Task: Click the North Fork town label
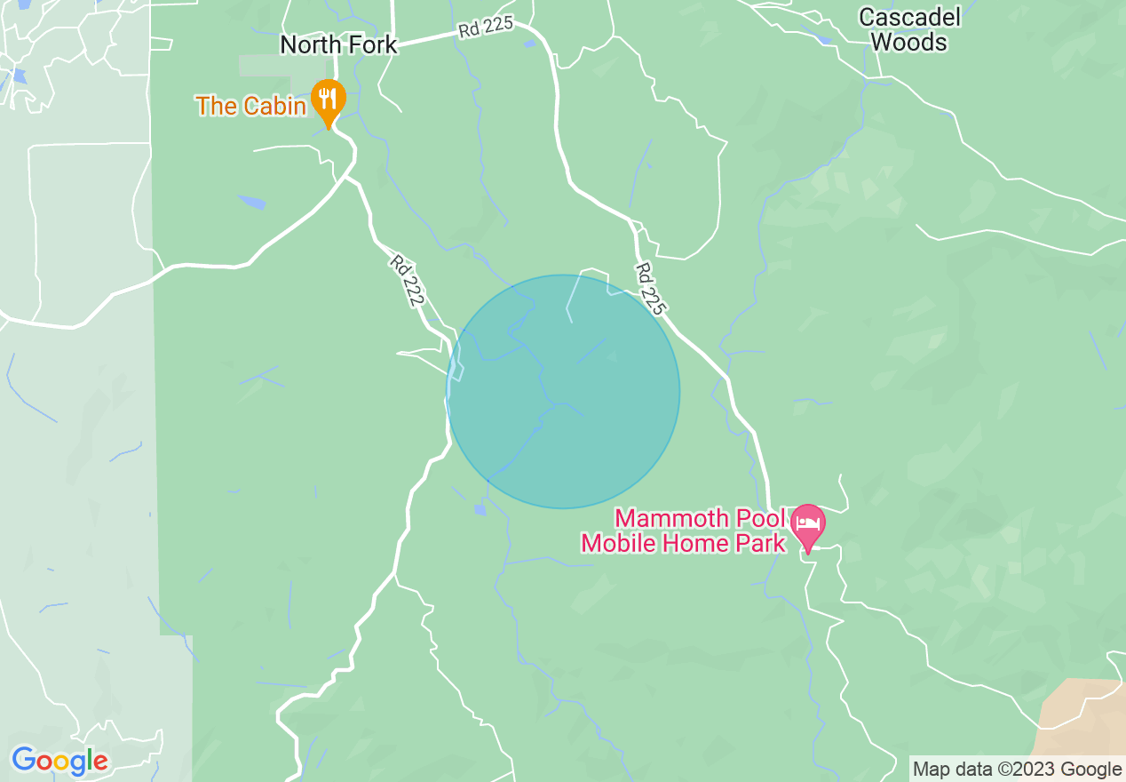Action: [338, 45]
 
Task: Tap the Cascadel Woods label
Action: [909, 29]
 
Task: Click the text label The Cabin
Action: [251, 106]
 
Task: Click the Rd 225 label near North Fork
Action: [486, 28]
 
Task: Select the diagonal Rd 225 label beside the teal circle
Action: [649, 289]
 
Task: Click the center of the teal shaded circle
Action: [563, 391]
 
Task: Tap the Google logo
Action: [59, 761]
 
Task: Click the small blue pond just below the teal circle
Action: [480, 509]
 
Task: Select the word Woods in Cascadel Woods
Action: [909, 42]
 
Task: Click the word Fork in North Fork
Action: [369, 45]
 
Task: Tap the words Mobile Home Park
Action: [683, 543]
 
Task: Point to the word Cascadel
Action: [909, 17]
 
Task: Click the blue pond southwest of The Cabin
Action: [251, 203]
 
